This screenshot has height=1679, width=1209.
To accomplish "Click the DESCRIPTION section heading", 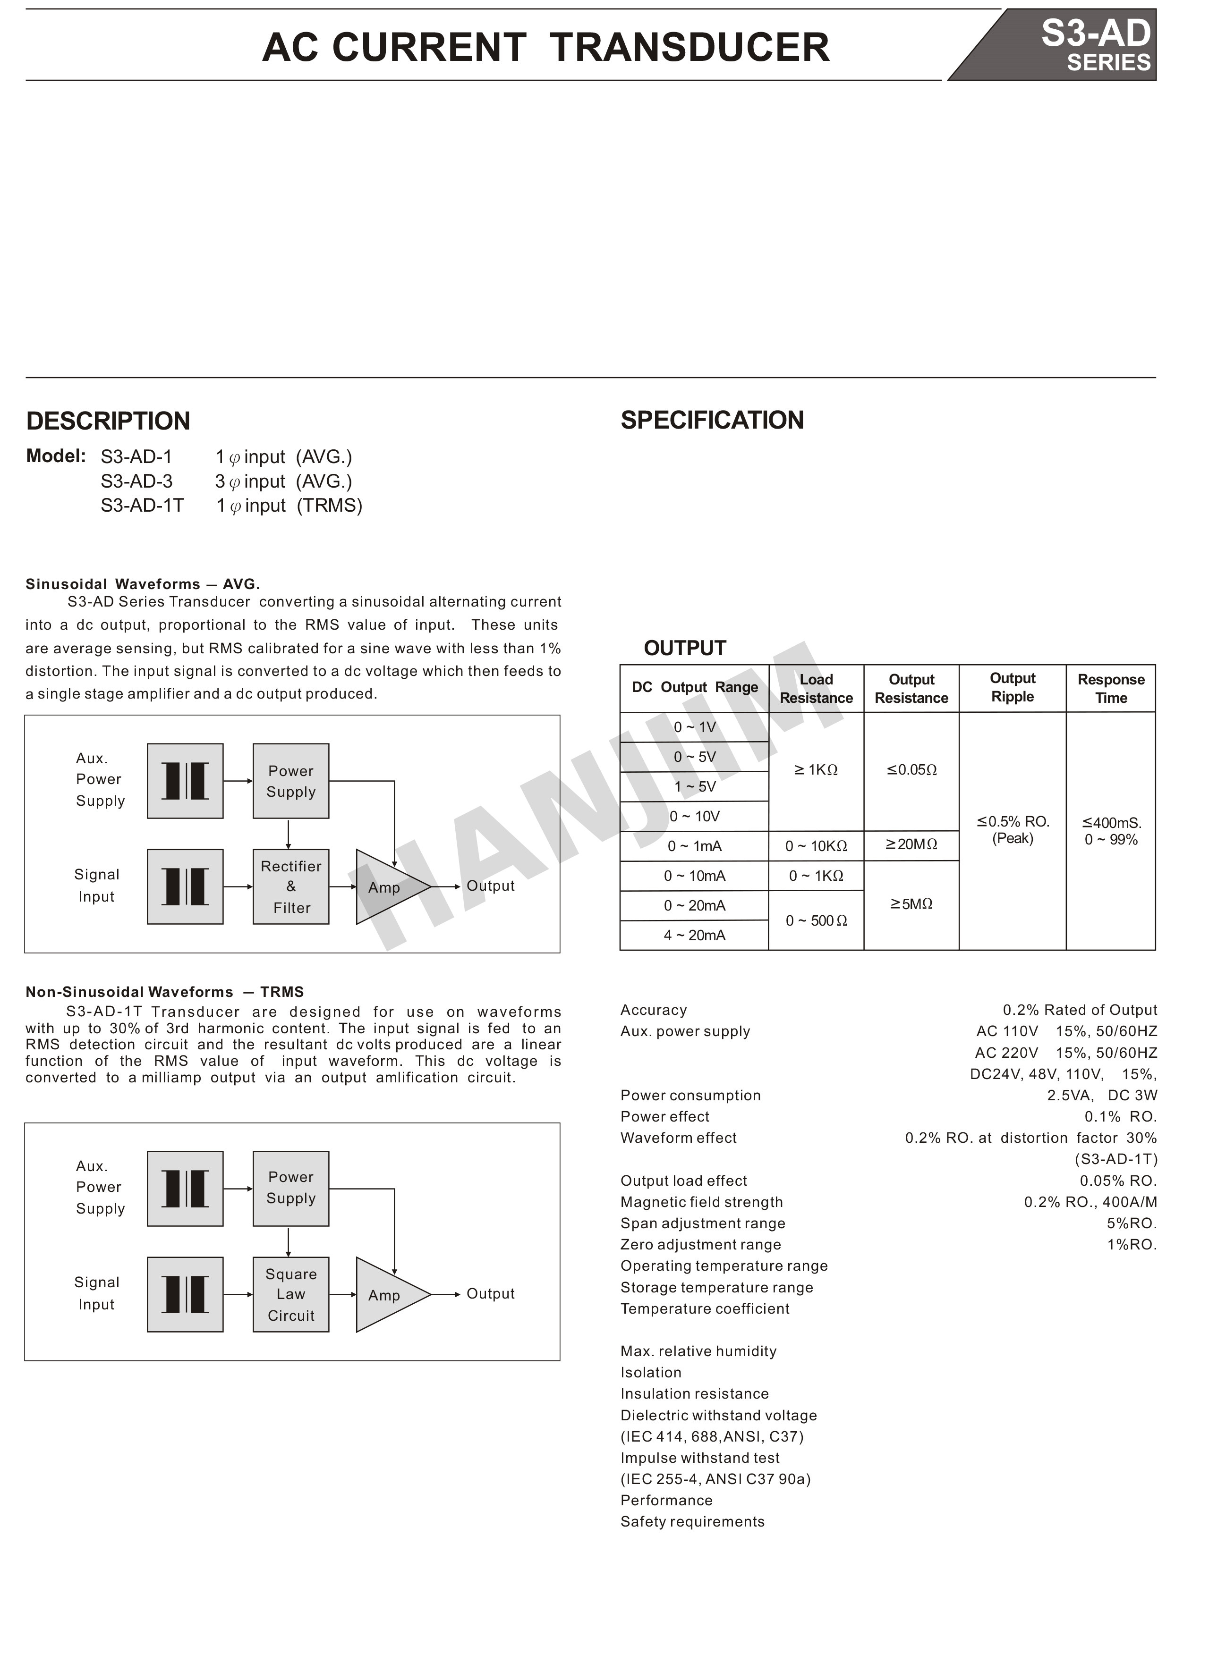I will [108, 421].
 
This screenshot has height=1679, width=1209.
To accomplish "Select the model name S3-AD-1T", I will [142, 506].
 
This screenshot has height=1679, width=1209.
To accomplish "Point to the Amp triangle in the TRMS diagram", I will [387, 1295].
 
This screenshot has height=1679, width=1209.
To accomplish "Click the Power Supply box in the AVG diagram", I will [290, 781].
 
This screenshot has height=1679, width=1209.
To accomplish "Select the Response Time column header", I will [1110, 689].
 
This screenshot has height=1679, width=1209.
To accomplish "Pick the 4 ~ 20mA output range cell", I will [694, 936].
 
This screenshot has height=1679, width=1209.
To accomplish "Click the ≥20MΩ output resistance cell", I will [911, 844].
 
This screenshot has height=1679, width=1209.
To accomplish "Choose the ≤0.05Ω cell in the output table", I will [911, 770].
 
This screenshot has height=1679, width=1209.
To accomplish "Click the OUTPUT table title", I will [684, 649].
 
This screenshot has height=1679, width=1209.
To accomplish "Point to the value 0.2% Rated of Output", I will [1079, 1010].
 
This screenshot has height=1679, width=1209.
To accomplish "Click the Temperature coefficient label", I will [705, 1309].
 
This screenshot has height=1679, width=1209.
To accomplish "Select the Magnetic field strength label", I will [701, 1202].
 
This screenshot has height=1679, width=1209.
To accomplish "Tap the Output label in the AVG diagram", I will [490, 886].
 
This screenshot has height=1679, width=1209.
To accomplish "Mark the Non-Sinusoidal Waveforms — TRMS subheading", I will [164, 992].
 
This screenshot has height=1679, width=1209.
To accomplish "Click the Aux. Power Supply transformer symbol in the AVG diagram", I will [185, 781].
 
